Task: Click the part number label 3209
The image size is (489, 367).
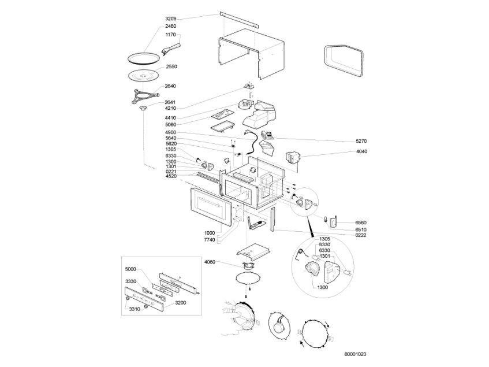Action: (x=170, y=18)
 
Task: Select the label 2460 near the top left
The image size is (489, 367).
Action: (x=170, y=26)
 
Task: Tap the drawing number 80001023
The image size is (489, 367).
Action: (x=355, y=354)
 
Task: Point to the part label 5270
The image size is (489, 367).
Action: (x=361, y=142)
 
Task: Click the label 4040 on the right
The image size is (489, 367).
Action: (x=361, y=151)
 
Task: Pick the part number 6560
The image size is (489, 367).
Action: (x=361, y=223)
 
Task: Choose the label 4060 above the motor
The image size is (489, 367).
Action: (x=210, y=262)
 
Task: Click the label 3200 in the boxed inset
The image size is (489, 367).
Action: (x=181, y=303)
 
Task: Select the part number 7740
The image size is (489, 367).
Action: (x=210, y=240)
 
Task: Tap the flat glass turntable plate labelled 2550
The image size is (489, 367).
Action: (x=144, y=76)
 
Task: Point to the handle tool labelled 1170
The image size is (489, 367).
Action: (x=171, y=49)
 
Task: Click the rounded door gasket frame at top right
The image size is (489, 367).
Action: (x=344, y=61)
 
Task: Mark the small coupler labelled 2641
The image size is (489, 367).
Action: (x=143, y=108)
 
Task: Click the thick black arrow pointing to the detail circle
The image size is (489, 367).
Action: (x=311, y=228)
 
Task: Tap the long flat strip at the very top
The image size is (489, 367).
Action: (x=239, y=20)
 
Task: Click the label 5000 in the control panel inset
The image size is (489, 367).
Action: (x=130, y=269)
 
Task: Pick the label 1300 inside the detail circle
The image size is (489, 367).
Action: (x=323, y=287)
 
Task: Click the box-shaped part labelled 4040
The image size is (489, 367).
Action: (x=293, y=157)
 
